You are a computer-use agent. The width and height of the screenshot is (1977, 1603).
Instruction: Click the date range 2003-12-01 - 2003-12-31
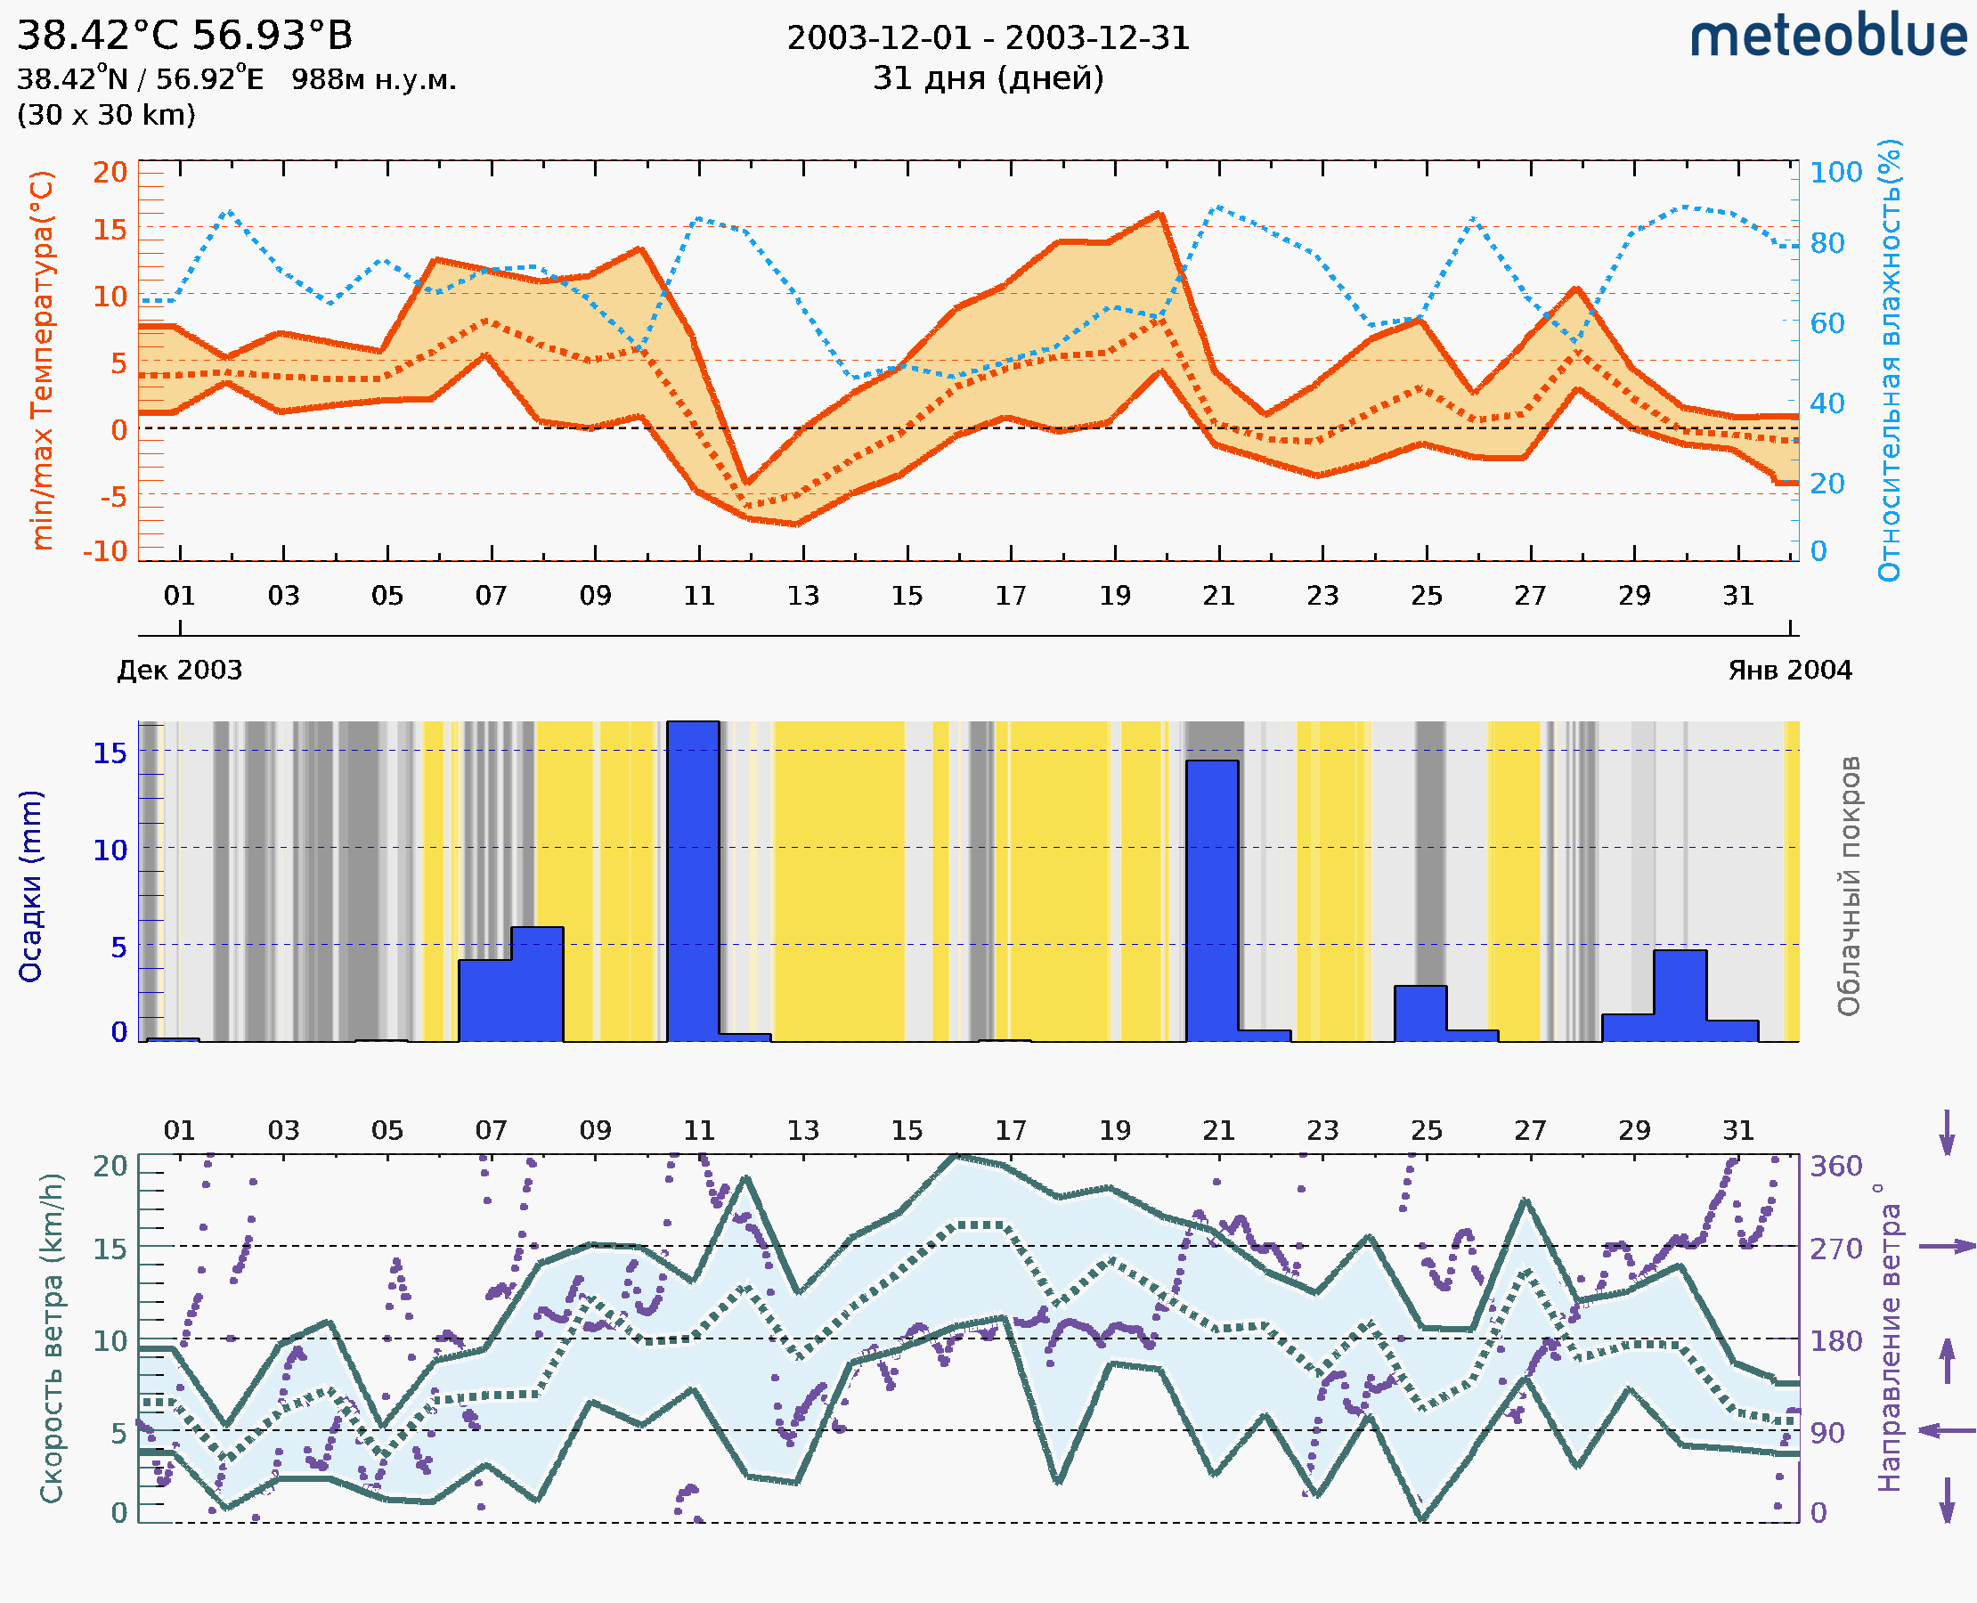point(988,38)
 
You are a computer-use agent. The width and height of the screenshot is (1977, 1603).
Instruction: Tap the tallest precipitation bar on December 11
point(693,881)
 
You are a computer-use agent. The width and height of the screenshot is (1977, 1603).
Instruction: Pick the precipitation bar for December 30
point(1680,996)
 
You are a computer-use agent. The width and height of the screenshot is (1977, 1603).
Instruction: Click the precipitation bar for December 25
point(1420,1013)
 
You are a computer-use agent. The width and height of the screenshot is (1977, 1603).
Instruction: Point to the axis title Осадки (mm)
point(30,886)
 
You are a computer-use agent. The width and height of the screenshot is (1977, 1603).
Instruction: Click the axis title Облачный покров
point(1848,886)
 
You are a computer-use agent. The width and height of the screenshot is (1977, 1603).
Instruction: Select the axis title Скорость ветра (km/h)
point(52,1338)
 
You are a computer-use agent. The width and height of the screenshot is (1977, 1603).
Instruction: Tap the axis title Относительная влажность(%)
point(1889,360)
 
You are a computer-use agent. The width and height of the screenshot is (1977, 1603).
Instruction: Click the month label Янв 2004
point(1790,671)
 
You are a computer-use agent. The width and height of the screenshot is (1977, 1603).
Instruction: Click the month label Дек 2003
point(179,671)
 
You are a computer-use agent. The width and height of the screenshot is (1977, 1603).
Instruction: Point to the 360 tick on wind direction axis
point(1835,1167)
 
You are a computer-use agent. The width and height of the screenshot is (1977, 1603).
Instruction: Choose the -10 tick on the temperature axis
point(105,551)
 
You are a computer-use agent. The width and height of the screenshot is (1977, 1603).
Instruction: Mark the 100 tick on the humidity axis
point(1835,173)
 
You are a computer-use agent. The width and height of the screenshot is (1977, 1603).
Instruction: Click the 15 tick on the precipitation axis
point(110,753)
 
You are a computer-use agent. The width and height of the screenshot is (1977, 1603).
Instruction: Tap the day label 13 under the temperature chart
point(802,596)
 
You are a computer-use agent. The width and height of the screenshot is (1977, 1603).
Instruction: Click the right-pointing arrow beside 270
point(1947,1247)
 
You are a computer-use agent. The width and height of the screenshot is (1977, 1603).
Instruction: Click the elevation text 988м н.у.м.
point(374,80)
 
